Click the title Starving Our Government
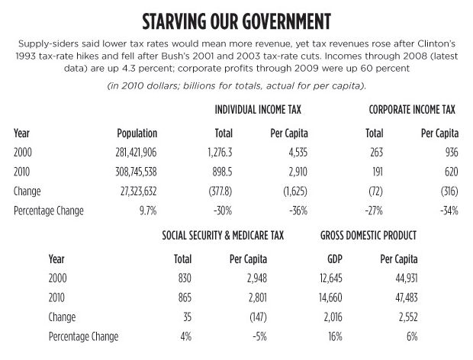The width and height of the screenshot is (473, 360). tap(236, 21)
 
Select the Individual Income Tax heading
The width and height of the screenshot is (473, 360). tap(258, 109)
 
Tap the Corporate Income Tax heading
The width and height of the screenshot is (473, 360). tap(412, 109)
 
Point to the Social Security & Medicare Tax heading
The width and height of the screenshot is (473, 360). tap(223, 235)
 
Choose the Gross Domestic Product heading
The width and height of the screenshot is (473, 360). tap(368, 235)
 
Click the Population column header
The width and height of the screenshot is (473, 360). tap(137, 133)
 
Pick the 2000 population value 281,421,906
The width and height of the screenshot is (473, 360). tap(136, 153)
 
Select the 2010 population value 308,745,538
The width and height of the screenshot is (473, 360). tap(136, 172)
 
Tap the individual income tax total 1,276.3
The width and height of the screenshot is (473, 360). tap(220, 153)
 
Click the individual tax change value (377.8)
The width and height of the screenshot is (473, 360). tap(220, 191)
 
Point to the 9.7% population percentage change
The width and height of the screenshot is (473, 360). tap(148, 211)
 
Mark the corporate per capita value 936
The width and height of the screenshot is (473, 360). tap(452, 153)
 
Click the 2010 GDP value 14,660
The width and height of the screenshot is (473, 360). tap(330, 298)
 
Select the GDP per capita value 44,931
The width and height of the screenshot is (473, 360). tap(407, 278)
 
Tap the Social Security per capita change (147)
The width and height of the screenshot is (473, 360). tap(258, 317)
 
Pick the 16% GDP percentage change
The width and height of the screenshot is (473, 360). tap(335, 336)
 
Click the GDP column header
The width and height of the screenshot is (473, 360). tap(335, 259)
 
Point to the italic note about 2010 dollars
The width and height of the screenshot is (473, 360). tap(236, 86)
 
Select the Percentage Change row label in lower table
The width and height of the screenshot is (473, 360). tap(84, 337)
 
